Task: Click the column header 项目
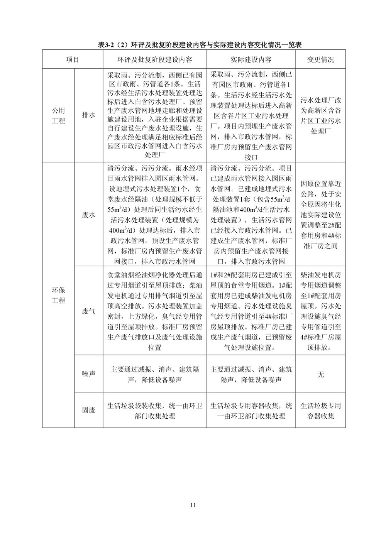click(72, 60)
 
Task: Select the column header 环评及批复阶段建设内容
click(154, 60)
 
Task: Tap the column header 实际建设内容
click(251, 60)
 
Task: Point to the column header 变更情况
click(320, 60)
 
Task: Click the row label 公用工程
click(58, 115)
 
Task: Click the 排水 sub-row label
click(88, 115)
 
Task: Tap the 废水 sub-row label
click(88, 214)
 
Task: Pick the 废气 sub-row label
click(88, 311)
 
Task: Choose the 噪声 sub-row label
click(88, 374)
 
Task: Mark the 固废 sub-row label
click(88, 410)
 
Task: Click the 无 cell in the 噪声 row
click(320, 374)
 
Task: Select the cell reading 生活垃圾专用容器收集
click(320, 411)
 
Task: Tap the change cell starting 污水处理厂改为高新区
click(320, 115)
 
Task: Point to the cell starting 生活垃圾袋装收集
click(154, 411)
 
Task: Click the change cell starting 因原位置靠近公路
click(320, 214)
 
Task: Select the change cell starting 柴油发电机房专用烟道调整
click(320, 311)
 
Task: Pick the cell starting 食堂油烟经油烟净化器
click(154, 311)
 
